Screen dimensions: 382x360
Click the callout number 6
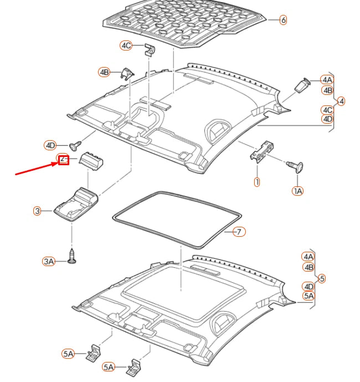[x=283, y=20]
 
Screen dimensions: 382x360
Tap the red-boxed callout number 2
[x=63, y=160]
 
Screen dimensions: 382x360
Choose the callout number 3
[x=37, y=211]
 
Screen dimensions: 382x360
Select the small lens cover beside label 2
[x=93, y=160]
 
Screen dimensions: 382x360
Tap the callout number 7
[x=238, y=232]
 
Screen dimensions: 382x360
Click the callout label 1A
[x=298, y=191]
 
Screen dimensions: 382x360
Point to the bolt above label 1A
[x=296, y=165]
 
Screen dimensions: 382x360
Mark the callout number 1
[x=257, y=181]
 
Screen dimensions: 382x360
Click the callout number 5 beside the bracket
[x=322, y=278]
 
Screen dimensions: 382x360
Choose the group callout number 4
[x=341, y=101]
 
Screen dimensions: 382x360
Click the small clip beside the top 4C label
[x=148, y=50]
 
